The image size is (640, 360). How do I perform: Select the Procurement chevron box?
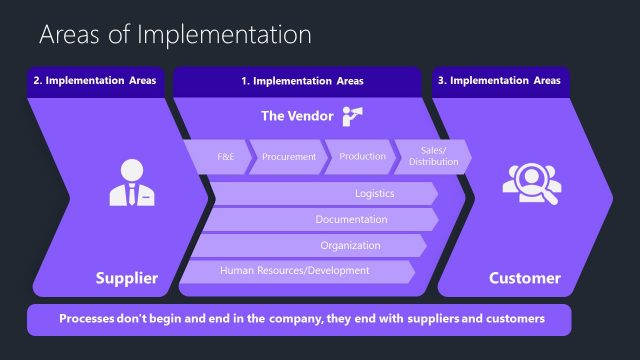pyautogui.click(x=289, y=157)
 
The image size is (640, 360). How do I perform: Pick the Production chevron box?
pyautogui.click(x=362, y=157)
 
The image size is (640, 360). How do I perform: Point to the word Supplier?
pyautogui.click(x=126, y=278)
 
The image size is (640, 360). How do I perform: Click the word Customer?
pyautogui.click(x=524, y=278)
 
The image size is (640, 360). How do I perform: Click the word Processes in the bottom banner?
pyautogui.click(x=92, y=319)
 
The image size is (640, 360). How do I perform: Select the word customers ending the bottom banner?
pyautogui.click(x=510, y=319)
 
